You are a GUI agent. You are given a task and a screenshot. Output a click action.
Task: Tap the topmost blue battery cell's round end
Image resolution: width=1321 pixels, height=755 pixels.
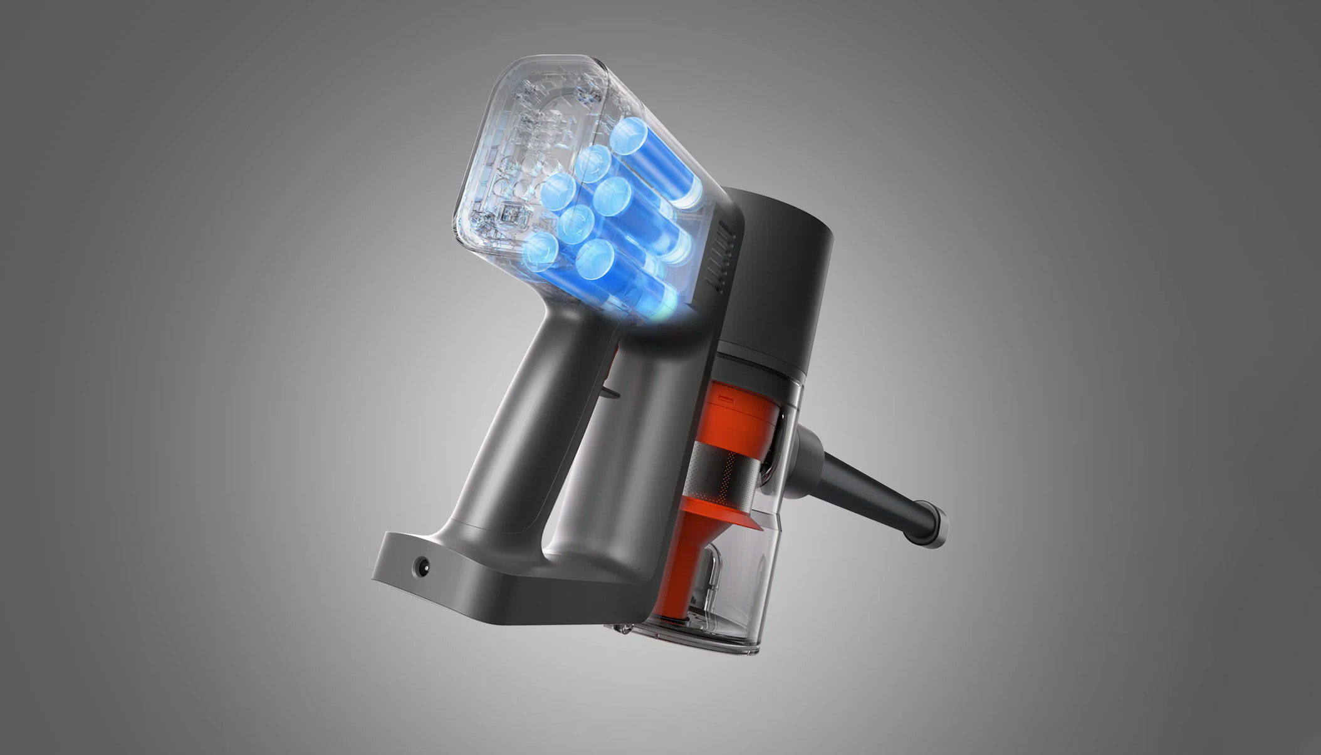pyautogui.click(x=629, y=137)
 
